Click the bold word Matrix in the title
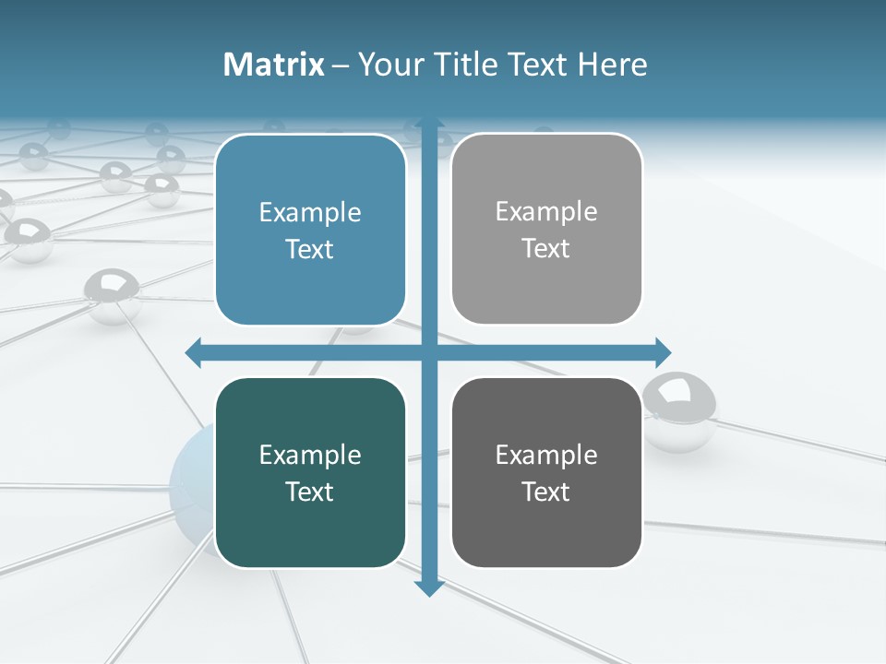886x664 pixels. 274,65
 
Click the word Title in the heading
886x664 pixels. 467,65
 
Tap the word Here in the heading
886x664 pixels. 613,65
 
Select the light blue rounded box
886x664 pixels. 310,231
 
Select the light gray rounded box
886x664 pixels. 546,230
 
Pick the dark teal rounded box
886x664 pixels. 310,472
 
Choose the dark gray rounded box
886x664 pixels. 546,472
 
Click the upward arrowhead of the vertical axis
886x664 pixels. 429,124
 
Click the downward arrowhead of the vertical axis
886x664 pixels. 429,587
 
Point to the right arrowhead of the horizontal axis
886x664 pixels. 663,352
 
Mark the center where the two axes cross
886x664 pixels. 429,352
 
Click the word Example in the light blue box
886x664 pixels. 310,213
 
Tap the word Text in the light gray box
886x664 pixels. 546,249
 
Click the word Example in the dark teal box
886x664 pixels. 310,455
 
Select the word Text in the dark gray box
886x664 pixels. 546,492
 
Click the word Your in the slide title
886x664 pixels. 388,65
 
